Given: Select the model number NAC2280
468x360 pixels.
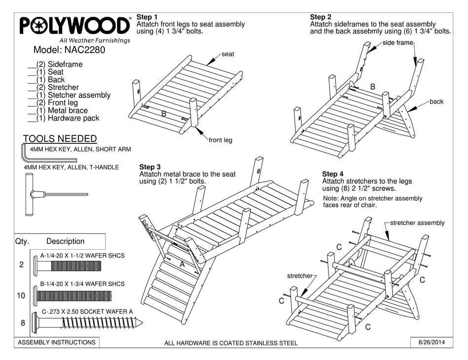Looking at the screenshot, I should [x=69, y=50].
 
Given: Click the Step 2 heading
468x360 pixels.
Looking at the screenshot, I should [x=321, y=17].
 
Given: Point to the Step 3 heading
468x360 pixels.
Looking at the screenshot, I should [x=150, y=167].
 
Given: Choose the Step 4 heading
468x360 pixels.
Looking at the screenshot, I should [x=333, y=174].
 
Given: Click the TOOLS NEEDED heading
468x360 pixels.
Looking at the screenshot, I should [x=60, y=139].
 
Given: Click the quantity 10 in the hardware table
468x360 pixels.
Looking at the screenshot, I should [x=21, y=296].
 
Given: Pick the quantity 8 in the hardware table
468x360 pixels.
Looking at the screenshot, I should [x=21, y=323].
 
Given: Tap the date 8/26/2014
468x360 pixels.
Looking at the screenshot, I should [x=431, y=342].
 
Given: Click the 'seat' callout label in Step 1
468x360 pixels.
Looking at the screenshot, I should [x=228, y=54].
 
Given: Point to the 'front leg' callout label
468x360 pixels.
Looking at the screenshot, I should [x=220, y=140].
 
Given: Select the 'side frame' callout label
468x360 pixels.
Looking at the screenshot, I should [x=398, y=43].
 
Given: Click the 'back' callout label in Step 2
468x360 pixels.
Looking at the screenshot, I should [x=436, y=102].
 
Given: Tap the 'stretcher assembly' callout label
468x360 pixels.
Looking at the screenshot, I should [x=417, y=223].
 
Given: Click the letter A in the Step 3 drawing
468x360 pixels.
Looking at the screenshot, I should [x=182, y=264].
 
